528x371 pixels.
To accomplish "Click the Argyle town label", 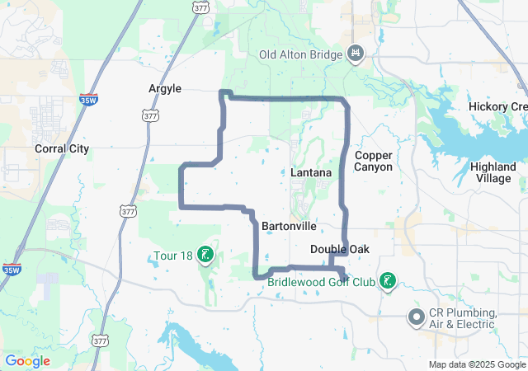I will tap(164, 88).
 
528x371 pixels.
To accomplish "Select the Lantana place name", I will tap(311, 173).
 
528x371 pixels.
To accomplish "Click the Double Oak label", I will tap(340, 249).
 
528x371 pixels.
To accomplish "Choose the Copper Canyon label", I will tap(373, 161).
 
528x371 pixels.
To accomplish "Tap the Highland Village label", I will tap(493, 172).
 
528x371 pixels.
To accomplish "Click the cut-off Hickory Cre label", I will tap(497, 107).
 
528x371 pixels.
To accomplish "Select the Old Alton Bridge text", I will tap(299, 55).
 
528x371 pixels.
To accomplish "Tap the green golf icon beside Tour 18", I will tap(205, 256).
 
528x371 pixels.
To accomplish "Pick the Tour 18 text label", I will tap(172, 256).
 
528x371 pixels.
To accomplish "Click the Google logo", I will tap(27, 361).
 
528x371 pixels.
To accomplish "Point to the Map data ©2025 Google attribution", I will tap(477, 364).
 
